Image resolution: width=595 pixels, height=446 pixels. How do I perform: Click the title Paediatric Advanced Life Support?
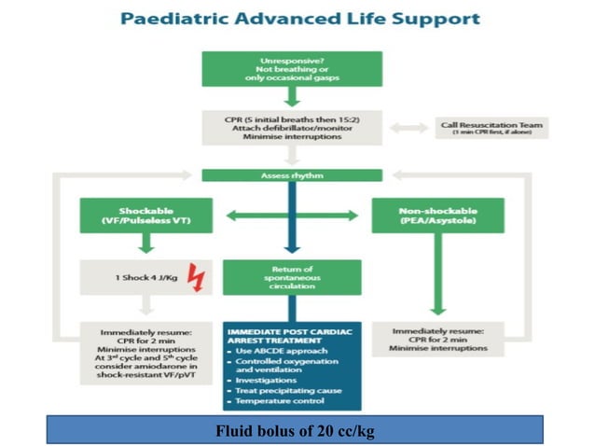pos(297,18)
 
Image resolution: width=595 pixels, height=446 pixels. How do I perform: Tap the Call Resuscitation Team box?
pos(492,127)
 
